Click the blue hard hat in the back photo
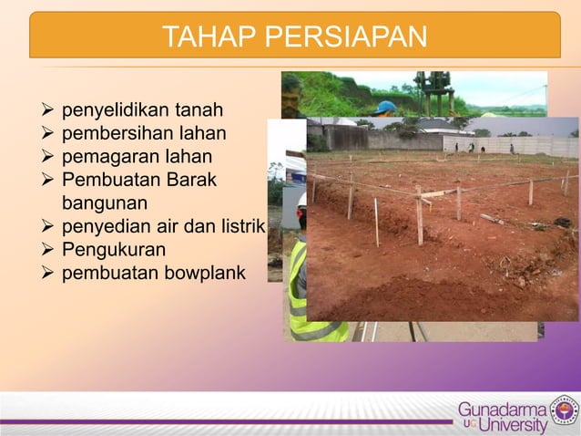pyautogui.click(x=385, y=107)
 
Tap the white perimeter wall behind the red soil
pyautogui.click(x=510, y=145)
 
